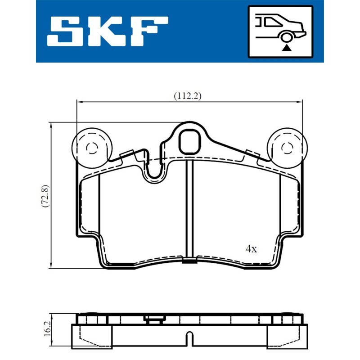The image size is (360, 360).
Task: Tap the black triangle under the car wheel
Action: coord(286,48)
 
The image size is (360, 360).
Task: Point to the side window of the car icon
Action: coord(274,22)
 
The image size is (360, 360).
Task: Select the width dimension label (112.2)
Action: coord(188,96)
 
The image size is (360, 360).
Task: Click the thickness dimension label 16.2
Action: coord(48,329)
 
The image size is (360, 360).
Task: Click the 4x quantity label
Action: coord(251,249)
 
